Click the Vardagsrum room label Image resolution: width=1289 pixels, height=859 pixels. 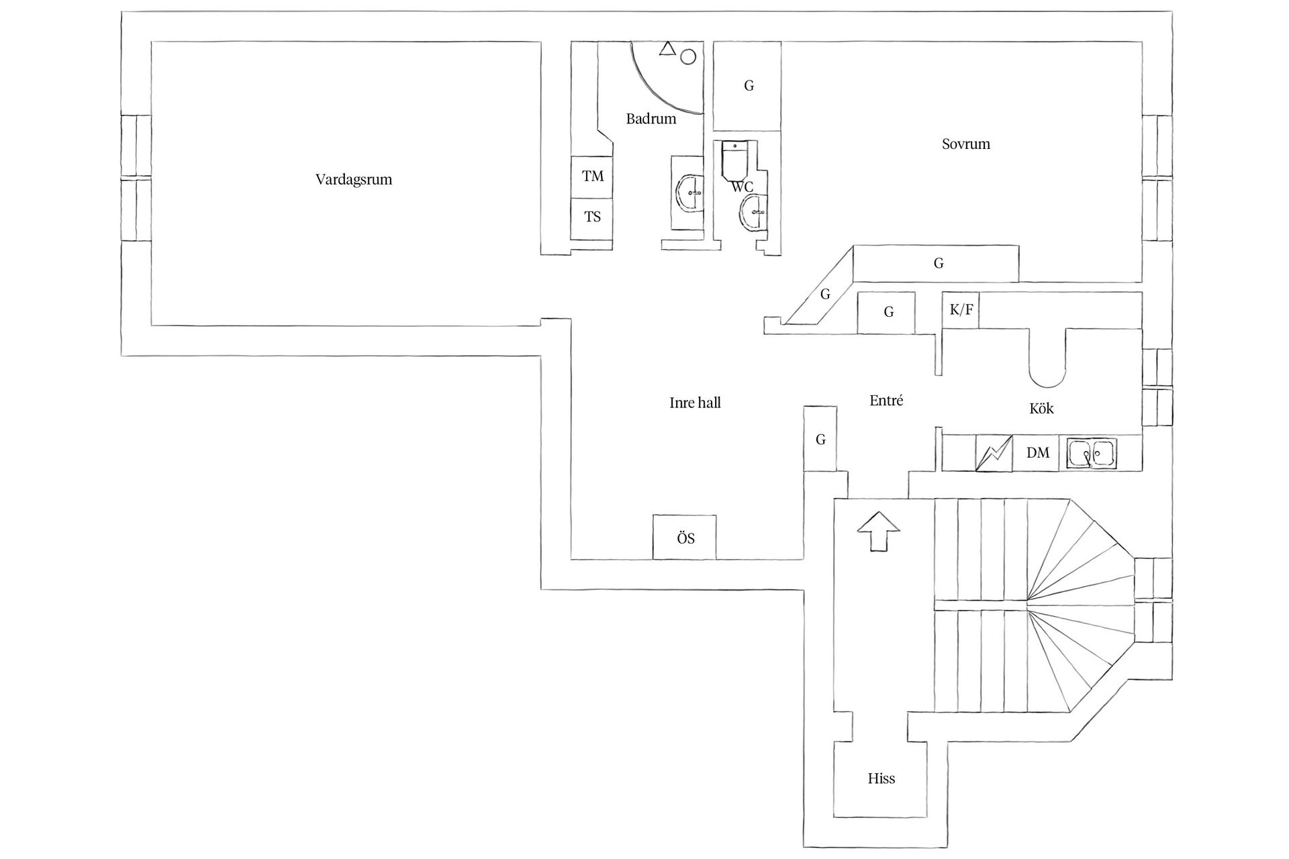[x=354, y=180]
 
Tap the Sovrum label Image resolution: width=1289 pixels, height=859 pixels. [x=966, y=144]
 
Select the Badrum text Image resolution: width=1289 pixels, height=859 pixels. [x=651, y=119]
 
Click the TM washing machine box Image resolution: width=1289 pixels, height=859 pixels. [x=591, y=176]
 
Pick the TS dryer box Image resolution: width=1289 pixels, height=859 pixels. [x=591, y=218]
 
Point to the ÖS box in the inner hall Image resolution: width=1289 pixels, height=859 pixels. [x=685, y=537]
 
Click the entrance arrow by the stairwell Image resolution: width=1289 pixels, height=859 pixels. [x=879, y=531]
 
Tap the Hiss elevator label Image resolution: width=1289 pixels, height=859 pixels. [x=881, y=779]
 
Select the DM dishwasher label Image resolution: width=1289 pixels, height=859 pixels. [x=1038, y=453]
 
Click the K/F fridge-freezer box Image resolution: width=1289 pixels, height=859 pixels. [x=961, y=310]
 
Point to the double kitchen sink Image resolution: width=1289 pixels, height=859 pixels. [x=1092, y=454]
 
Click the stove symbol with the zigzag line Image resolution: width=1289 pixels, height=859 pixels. [x=994, y=453]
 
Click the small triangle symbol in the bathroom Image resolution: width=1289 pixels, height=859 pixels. [x=667, y=48]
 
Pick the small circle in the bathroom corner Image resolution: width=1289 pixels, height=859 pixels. [x=687, y=57]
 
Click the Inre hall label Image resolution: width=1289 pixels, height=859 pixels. [x=695, y=403]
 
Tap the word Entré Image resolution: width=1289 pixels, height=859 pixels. [x=886, y=401]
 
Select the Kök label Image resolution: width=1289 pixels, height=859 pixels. [x=1041, y=408]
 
